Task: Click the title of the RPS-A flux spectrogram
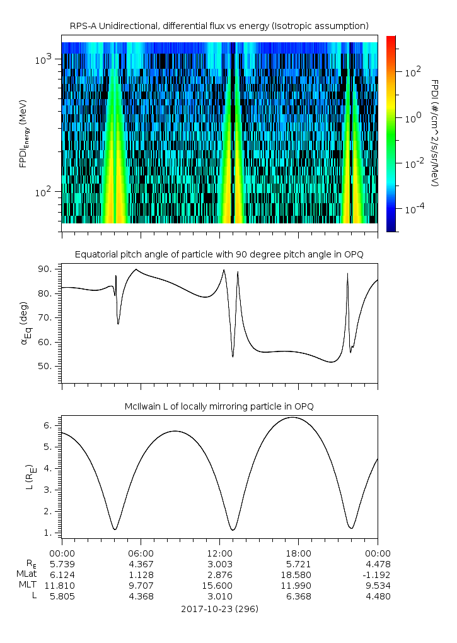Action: (219, 26)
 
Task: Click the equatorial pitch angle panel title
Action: (219, 254)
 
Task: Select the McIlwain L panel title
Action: (219, 406)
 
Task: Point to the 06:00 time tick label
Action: (141, 552)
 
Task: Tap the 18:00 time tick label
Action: (298, 552)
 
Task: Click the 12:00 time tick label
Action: (219, 552)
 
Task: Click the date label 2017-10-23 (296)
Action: (219, 609)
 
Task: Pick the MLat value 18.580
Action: (298, 575)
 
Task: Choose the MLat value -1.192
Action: (376, 575)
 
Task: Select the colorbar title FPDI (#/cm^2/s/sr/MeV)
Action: (435, 133)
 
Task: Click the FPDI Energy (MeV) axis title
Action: (24, 133)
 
